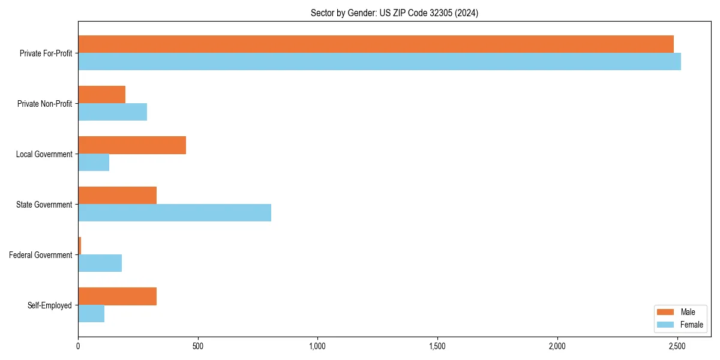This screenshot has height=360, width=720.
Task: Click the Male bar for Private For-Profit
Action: [x=376, y=44]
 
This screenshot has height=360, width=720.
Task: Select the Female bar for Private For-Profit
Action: [x=379, y=62]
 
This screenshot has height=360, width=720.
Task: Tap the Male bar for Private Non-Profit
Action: [x=101, y=95]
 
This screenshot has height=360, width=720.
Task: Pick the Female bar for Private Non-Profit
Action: [x=112, y=112]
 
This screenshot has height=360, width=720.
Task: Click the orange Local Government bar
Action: [x=132, y=145]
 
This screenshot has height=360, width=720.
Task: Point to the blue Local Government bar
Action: [x=94, y=163]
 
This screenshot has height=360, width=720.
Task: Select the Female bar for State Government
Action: [x=175, y=213]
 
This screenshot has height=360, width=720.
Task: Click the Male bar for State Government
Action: [x=117, y=196]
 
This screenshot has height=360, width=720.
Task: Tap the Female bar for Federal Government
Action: [x=100, y=263]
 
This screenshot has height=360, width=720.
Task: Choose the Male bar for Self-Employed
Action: [x=117, y=296]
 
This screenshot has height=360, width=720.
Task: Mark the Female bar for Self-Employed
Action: [x=91, y=314]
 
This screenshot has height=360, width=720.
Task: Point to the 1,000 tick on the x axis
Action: [x=317, y=346]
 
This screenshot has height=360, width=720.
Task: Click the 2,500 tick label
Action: [x=677, y=346]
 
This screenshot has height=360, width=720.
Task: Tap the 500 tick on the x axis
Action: [x=198, y=346]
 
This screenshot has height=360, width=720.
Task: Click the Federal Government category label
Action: [x=40, y=255]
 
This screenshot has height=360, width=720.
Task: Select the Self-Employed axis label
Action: [x=49, y=305]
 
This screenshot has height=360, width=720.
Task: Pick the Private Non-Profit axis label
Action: [x=44, y=104]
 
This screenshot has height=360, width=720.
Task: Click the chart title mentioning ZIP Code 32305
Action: [x=394, y=13]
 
